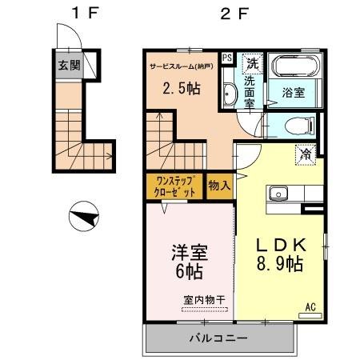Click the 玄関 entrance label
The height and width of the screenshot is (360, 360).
pyautogui.click(x=68, y=65)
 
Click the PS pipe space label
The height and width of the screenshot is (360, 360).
pyautogui.click(x=227, y=58)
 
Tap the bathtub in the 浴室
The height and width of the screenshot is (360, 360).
pyautogui.click(x=294, y=66)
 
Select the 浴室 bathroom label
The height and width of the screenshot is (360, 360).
pyautogui.click(x=294, y=93)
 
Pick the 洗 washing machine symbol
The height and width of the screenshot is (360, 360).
pyautogui.click(x=252, y=62)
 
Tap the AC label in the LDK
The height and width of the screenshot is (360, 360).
pyautogui.click(x=310, y=306)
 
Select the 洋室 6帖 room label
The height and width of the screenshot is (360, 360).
pyautogui.click(x=190, y=263)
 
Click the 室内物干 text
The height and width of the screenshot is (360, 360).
pyautogui.click(x=203, y=299)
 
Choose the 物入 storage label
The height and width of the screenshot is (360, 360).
pyautogui.click(x=220, y=186)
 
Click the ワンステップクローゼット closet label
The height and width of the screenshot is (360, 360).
pyautogui.click(x=174, y=186)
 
